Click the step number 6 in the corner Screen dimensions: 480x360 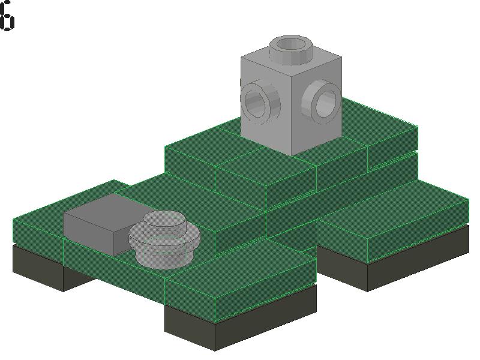coord(7,16)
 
